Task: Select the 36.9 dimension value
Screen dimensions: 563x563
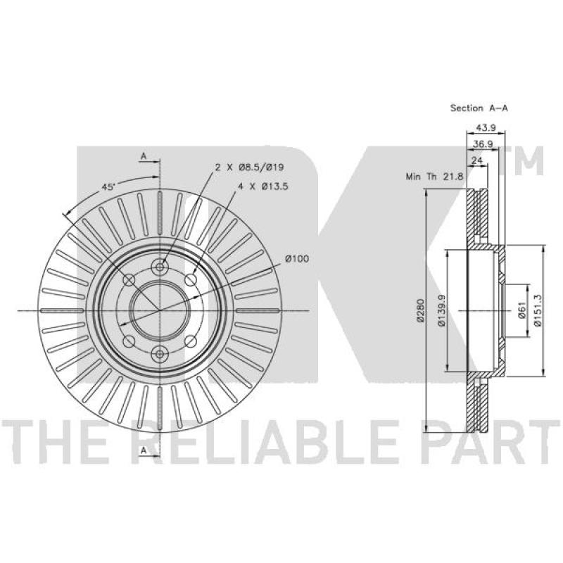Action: click(482, 144)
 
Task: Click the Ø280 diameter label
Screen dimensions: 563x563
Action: click(419, 310)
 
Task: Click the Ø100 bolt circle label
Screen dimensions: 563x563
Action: click(298, 259)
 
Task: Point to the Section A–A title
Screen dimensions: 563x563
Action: click(479, 108)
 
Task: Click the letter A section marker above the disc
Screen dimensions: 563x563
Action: click(144, 156)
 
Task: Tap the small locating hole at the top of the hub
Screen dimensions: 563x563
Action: click(160, 267)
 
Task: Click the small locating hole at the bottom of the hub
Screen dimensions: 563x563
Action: click(160, 353)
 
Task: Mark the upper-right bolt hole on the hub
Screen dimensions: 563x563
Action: click(191, 280)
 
